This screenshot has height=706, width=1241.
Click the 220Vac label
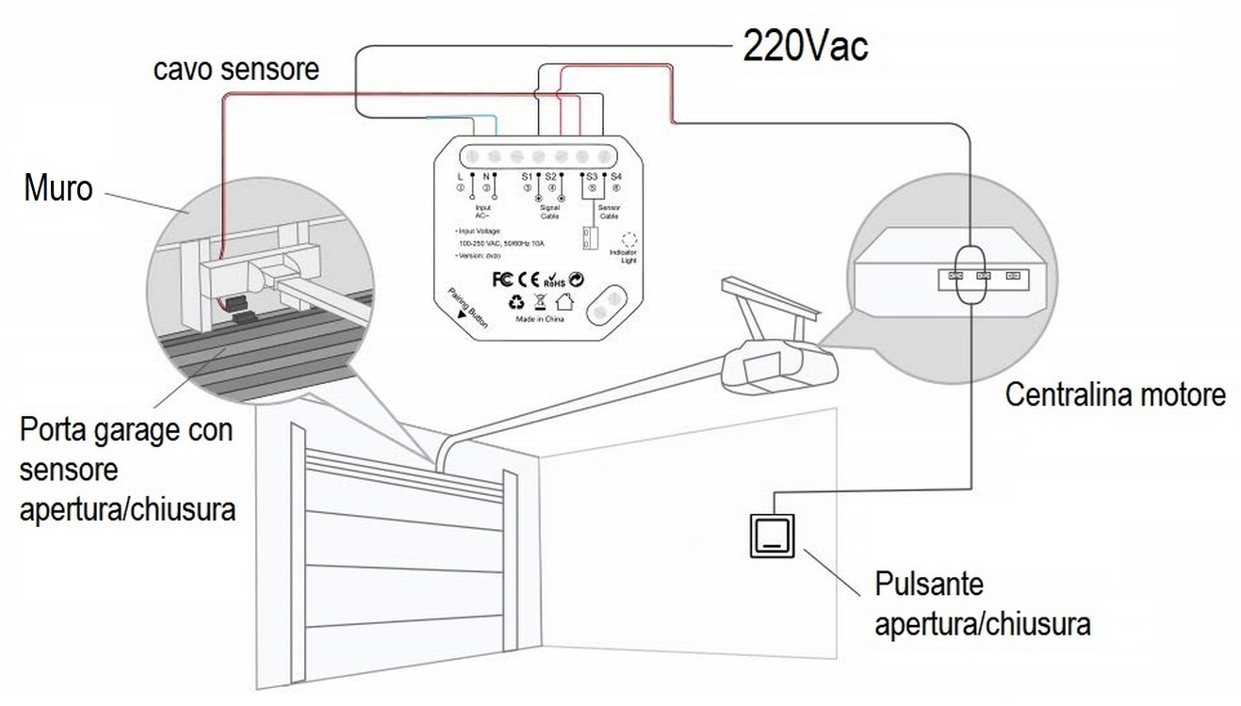805,44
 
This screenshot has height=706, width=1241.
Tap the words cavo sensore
237,69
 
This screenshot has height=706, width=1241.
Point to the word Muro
58,188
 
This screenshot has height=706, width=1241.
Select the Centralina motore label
1115,394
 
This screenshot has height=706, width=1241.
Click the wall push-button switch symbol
772,536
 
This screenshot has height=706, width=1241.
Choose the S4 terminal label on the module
615,176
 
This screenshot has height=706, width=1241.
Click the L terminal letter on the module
460,176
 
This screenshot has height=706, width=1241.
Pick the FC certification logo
503,280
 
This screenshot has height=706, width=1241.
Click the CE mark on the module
530,280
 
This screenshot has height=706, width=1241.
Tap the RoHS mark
554,281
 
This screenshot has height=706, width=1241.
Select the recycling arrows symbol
515,302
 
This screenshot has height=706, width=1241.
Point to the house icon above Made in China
564,302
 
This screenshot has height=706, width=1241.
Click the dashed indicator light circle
630,241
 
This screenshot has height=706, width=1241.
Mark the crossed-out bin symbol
540,302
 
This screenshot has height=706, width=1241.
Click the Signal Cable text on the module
549,212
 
